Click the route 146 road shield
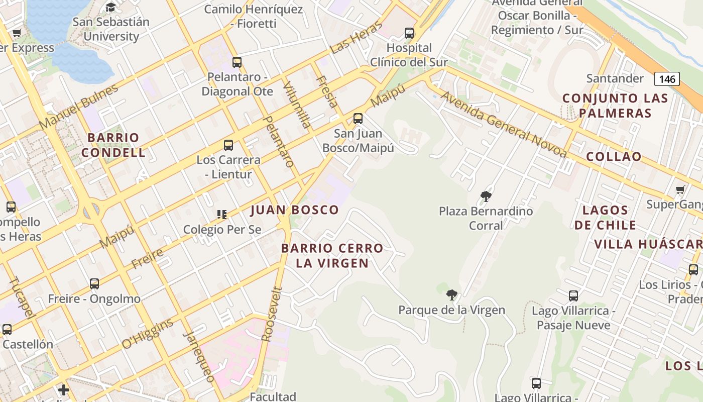666,79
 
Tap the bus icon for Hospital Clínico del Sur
409,33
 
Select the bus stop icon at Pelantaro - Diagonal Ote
237,62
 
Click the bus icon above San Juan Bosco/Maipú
358,119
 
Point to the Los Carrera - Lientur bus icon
228,145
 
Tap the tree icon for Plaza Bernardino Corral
486,196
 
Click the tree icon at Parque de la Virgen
451,295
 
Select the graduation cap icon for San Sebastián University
110,8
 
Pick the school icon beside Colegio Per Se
222,215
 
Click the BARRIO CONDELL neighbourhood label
113,145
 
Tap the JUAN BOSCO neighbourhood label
295,210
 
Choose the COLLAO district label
614,156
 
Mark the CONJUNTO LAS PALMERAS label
615,106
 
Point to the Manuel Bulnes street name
78,107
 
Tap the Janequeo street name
199,357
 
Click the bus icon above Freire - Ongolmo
94,284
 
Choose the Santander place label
615,78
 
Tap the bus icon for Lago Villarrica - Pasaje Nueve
573,296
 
